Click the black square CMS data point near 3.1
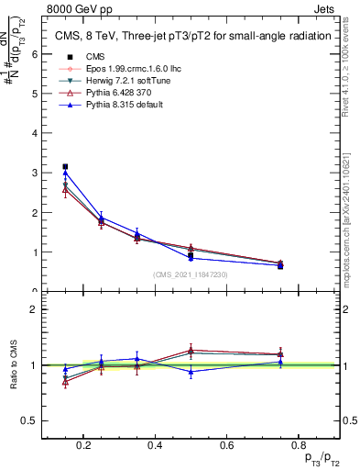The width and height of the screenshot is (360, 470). [x=65, y=167]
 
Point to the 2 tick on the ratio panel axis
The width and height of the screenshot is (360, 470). [x=35, y=309]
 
